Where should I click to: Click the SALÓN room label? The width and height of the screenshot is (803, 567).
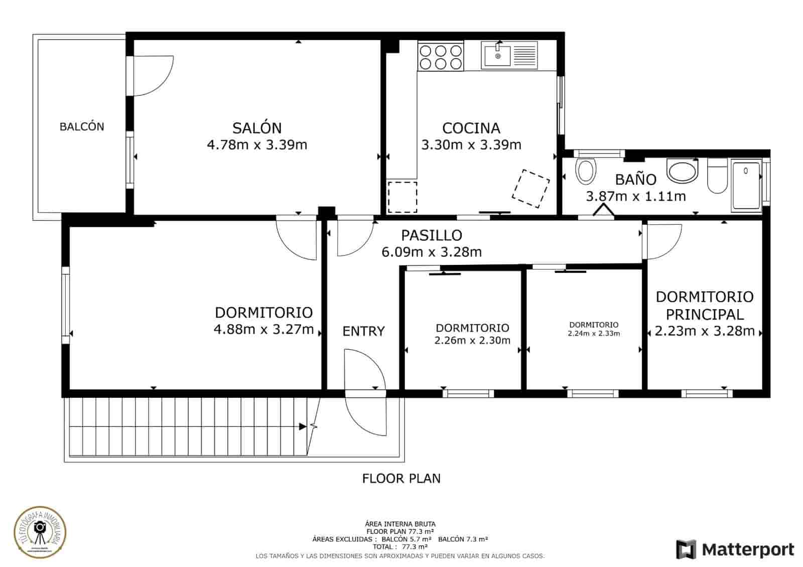tap(256, 127)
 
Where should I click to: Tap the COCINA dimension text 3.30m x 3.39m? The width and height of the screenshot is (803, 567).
tap(471, 145)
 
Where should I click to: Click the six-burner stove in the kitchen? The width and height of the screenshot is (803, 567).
tap(440, 57)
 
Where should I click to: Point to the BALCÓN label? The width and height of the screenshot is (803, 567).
tap(82, 126)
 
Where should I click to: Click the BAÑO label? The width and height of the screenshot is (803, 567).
tap(635, 179)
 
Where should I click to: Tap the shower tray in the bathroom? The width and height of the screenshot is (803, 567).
tap(746, 185)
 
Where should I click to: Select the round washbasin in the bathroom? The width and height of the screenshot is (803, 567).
tap(683, 172)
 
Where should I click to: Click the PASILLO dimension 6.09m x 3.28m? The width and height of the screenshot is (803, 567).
tap(432, 252)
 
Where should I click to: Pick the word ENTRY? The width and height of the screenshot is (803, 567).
tap(363, 331)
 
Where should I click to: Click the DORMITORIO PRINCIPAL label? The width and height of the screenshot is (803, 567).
tap(705, 305)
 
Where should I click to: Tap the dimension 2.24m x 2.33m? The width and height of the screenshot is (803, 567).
tap(594, 333)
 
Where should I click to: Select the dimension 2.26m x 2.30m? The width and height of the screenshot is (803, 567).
tap(472, 340)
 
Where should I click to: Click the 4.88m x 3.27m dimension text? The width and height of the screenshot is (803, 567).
tap(263, 329)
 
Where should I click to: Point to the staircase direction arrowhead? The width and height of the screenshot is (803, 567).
tap(303, 427)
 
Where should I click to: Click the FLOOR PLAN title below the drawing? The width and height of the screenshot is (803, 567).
tap(401, 478)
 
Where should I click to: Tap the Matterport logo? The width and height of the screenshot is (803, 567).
tap(735, 549)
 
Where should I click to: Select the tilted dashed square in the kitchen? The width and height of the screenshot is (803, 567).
tap(530, 189)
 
